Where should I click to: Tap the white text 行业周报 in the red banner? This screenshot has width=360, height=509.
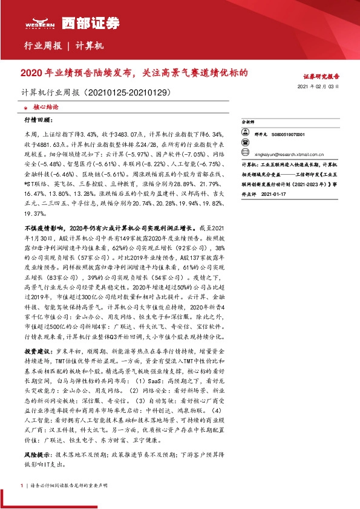(42, 46)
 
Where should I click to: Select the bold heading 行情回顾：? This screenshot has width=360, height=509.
(38, 120)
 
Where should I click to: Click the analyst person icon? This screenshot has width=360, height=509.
(246, 135)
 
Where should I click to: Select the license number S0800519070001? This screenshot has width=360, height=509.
(288, 135)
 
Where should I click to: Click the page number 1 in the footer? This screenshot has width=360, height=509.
(22, 485)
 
